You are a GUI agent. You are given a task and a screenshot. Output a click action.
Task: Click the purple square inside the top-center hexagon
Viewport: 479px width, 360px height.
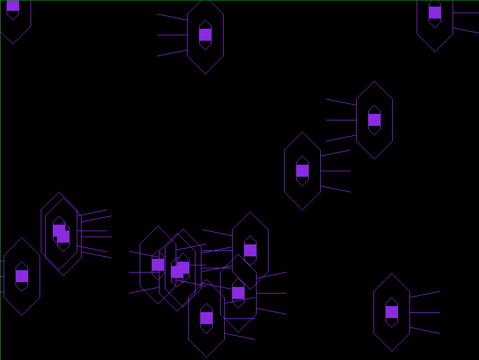click(205, 35)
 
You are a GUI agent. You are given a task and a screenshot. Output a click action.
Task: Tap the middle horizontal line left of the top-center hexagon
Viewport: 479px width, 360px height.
click(172, 35)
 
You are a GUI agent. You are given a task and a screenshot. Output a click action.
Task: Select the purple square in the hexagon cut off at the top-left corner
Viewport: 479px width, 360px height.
click(13, 5)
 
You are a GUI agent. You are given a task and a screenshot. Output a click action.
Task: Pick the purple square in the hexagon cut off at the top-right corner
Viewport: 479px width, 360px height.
click(435, 13)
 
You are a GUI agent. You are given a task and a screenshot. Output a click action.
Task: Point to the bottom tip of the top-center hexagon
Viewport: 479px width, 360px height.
click(205, 74)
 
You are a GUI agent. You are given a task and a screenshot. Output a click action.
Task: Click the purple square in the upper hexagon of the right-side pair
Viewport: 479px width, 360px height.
click(374, 120)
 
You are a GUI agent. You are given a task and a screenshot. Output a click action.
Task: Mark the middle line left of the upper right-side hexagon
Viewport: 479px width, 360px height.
click(341, 120)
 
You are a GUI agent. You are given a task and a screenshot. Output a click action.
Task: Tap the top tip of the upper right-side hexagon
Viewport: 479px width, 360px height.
click(374, 81)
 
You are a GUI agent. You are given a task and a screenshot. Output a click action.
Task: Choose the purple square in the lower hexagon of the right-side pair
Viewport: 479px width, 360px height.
click(302, 171)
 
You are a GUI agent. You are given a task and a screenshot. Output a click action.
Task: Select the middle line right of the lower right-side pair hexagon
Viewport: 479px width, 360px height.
click(336, 171)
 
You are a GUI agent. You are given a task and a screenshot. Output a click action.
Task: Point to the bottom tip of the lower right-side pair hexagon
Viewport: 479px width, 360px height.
click(302, 210)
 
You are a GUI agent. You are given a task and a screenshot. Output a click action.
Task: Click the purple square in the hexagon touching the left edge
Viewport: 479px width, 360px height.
click(22, 276)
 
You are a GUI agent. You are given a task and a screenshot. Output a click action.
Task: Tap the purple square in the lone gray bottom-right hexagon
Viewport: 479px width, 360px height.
click(391, 312)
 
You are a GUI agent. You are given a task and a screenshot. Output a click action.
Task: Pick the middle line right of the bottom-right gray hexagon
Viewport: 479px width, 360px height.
click(425, 312)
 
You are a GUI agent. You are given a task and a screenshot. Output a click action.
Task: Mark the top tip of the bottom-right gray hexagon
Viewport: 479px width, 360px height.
click(391, 274)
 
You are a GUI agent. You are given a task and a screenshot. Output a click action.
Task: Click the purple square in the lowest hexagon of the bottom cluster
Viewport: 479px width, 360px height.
click(206, 318)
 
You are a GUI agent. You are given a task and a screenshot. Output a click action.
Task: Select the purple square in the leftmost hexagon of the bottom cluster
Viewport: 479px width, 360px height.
click(158, 265)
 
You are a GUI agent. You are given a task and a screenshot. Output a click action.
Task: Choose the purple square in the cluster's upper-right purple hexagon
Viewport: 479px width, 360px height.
click(250, 250)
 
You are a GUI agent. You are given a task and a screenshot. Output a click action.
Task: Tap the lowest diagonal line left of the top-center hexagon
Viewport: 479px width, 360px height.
click(172, 53)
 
